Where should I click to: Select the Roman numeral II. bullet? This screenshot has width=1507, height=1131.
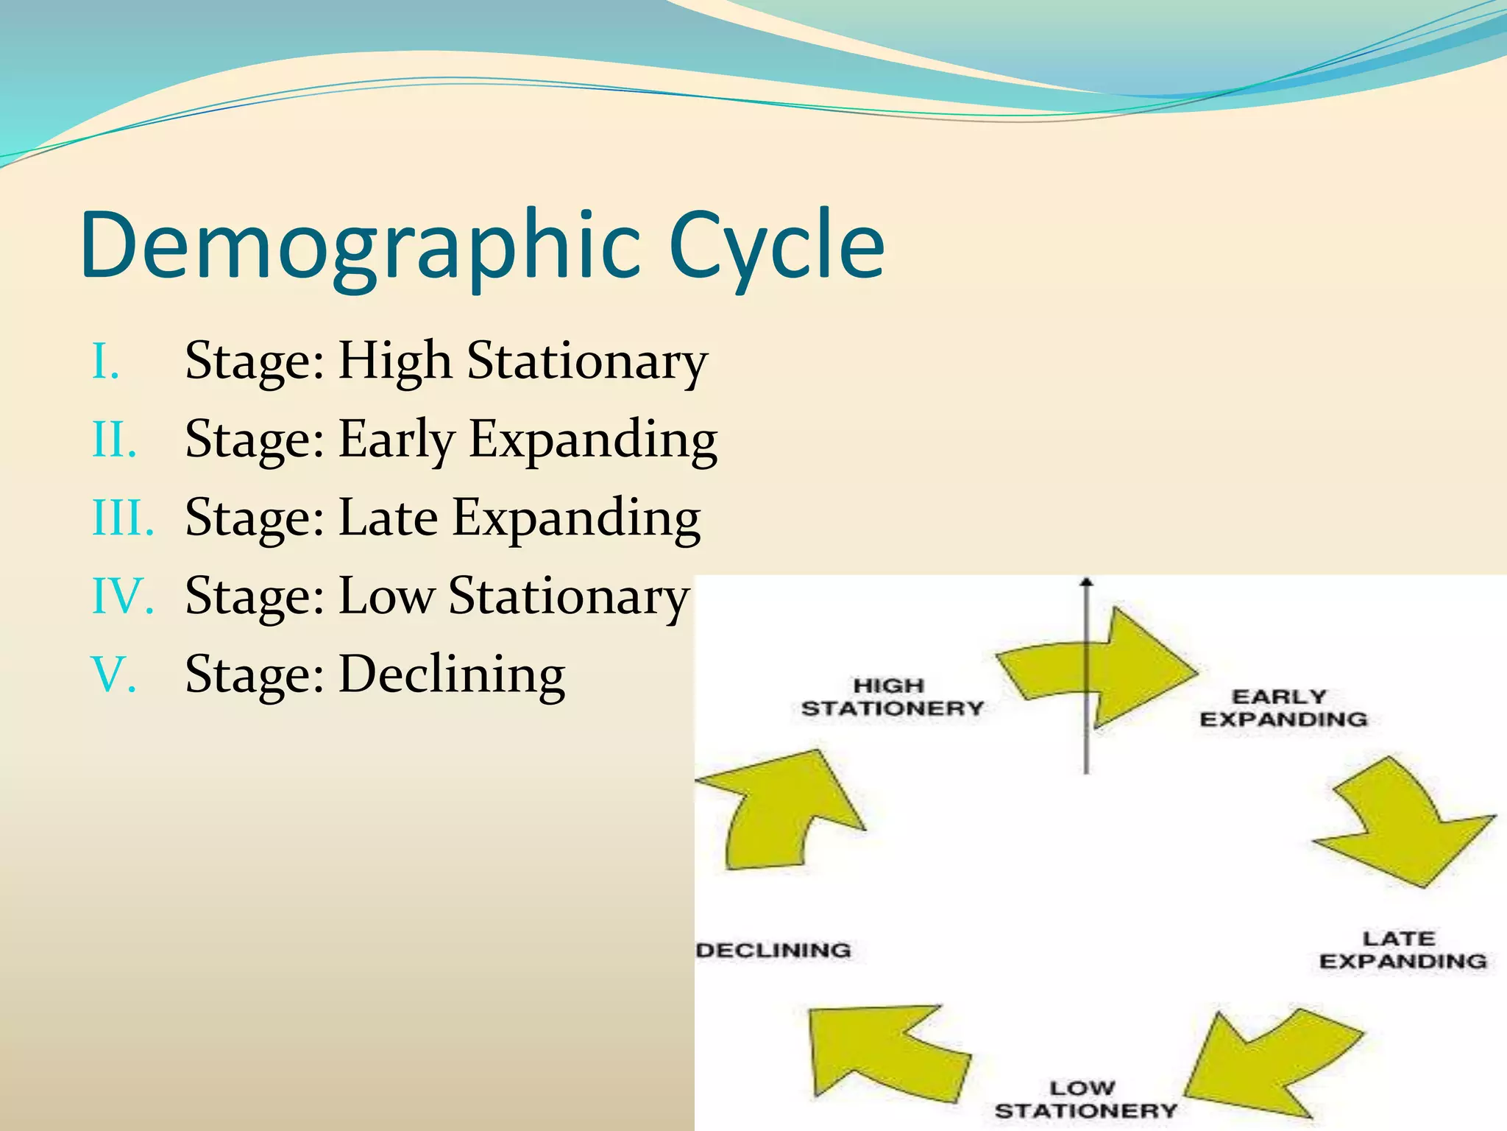coord(115,440)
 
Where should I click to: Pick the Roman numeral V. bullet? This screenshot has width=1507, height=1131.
coord(114,674)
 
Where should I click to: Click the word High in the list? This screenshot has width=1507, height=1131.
coord(394,361)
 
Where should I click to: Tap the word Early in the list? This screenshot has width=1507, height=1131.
coord(396,440)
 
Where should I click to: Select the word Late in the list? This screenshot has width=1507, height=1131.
coord(387,518)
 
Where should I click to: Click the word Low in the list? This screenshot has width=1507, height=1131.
coord(386,596)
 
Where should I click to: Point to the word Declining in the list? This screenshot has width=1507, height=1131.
coord(452,675)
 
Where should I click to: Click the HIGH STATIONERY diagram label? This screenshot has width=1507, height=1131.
coord(892,697)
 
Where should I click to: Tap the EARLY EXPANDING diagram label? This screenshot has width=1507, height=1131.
coord(1283,708)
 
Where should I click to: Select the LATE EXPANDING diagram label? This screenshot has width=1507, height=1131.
coord(1403,950)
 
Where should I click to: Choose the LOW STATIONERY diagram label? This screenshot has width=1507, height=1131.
coord(1085,1099)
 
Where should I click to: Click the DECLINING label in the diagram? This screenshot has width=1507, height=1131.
coord(773,950)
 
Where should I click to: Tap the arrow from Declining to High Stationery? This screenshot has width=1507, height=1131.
coord(780,810)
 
